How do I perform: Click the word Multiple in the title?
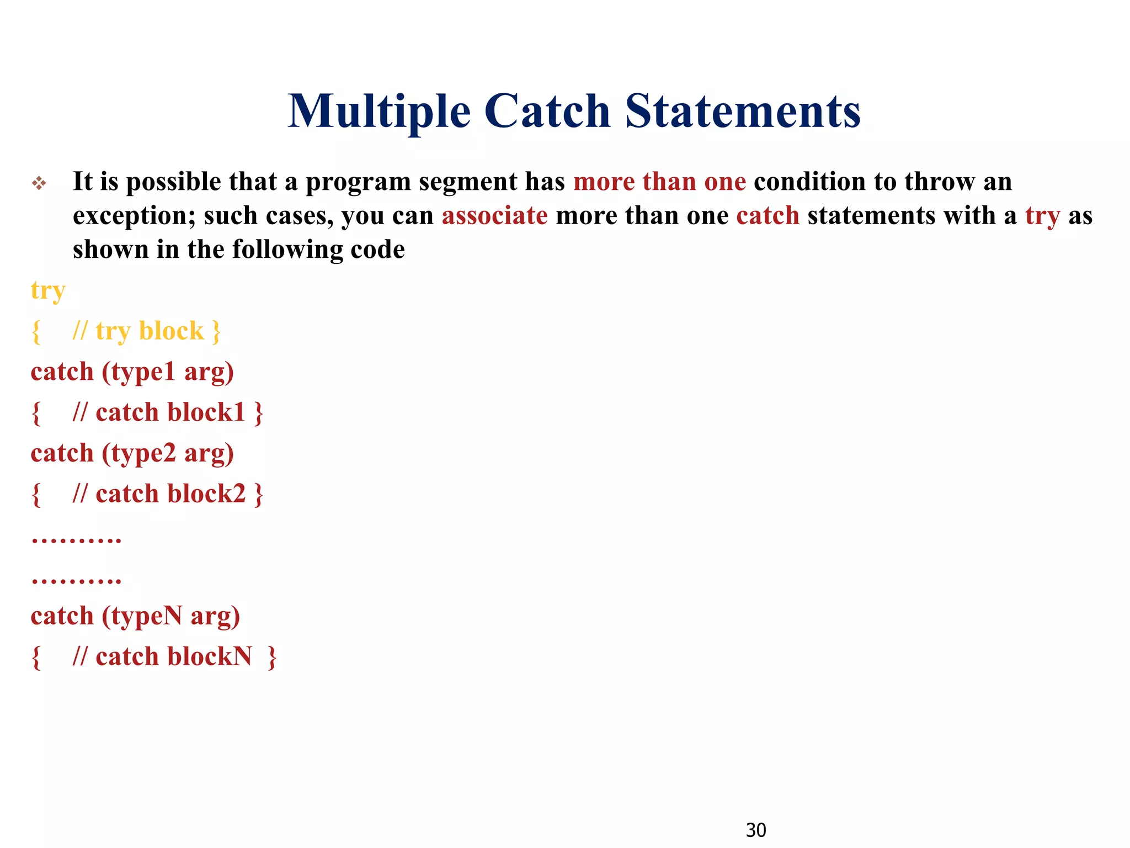point(379,112)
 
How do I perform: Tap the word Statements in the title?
point(742,112)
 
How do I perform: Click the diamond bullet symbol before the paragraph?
point(39,183)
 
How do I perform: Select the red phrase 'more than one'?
point(659,182)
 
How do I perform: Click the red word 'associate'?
point(494,215)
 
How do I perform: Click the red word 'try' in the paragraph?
point(1042,216)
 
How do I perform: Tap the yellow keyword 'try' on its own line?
point(48,291)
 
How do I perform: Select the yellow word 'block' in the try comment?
point(171,331)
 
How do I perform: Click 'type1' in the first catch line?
point(143,372)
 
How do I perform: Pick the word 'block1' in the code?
point(206,412)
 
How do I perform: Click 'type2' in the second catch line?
point(143,453)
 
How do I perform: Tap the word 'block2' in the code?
point(206,494)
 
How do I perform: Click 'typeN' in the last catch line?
point(146,616)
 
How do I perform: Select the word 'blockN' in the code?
point(209,656)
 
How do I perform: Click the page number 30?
point(755,830)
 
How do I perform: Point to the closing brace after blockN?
point(271,657)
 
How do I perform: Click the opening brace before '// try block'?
point(36,332)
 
